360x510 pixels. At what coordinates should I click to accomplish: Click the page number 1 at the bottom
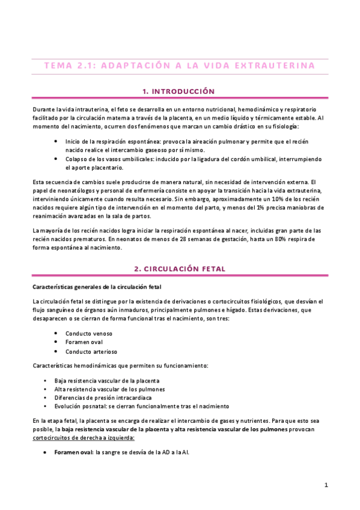[326, 485]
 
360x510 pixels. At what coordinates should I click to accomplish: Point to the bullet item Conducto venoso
[89, 333]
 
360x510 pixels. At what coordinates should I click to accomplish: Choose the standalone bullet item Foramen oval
[85, 342]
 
